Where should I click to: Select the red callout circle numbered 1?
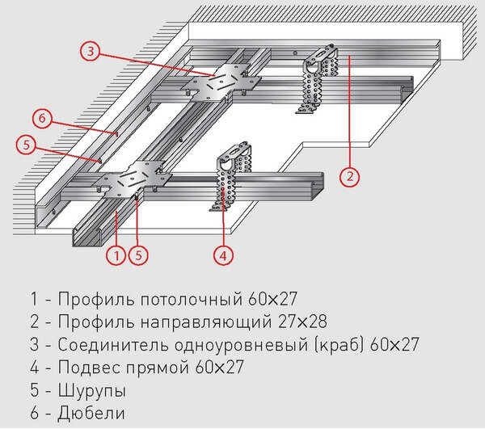pos(116,256)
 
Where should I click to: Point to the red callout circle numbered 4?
pos(224,256)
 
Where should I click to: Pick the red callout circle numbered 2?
pos(348,175)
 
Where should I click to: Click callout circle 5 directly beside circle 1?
pos(139,256)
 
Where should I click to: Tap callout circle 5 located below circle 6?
pos(27,145)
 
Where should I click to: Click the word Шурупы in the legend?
pos(91,391)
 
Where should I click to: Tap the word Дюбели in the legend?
pos(91,414)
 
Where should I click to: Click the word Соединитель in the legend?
pos(111,345)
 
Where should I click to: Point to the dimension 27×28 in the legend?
pos(297,322)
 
